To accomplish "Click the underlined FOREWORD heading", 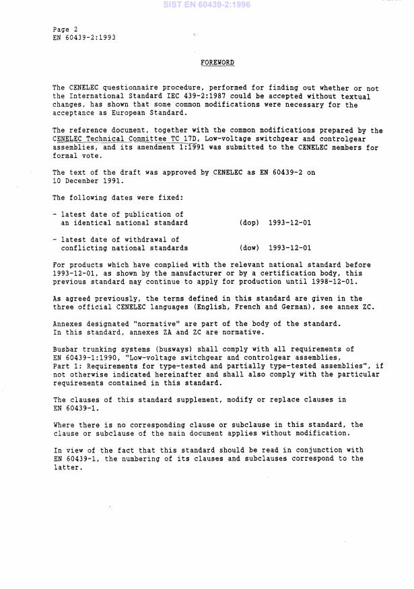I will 217,63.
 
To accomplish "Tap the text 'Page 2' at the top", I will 65,30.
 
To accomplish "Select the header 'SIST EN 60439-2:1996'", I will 207,5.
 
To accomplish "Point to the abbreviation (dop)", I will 249,222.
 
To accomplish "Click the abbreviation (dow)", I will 249,248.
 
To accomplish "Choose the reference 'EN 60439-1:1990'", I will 84,358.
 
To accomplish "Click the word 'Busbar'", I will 65,349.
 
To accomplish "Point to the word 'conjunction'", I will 314,450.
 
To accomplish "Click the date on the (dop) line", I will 289,222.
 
